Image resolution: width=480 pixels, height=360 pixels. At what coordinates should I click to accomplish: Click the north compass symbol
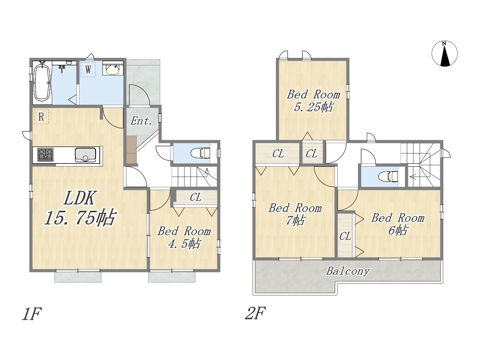(444, 54)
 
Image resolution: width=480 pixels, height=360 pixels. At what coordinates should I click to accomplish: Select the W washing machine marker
(88, 69)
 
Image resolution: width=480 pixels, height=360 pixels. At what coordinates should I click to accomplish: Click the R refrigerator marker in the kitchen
(41, 117)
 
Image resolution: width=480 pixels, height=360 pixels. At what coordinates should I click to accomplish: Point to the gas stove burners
(45, 155)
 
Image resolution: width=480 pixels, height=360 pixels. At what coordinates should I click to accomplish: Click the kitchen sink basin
(85, 155)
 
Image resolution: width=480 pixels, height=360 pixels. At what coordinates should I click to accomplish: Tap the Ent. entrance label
(141, 121)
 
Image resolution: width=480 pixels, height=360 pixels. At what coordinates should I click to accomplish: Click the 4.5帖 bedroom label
(184, 237)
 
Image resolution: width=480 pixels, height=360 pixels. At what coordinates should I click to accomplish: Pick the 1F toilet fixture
(200, 153)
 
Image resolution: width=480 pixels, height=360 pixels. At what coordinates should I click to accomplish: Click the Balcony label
(348, 271)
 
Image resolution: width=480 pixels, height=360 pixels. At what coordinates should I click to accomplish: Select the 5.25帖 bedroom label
(313, 101)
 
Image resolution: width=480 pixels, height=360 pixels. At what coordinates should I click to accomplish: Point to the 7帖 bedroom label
(295, 214)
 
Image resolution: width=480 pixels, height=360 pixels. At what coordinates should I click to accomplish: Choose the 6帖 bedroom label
(397, 224)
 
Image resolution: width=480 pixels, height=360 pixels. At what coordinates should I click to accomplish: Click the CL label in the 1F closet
(195, 197)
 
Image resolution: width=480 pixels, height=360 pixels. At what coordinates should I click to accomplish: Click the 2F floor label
(255, 313)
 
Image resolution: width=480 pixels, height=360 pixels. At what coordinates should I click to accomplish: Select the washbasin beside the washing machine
(112, 68)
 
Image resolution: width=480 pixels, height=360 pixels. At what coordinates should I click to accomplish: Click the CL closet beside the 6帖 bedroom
(345, 235)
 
